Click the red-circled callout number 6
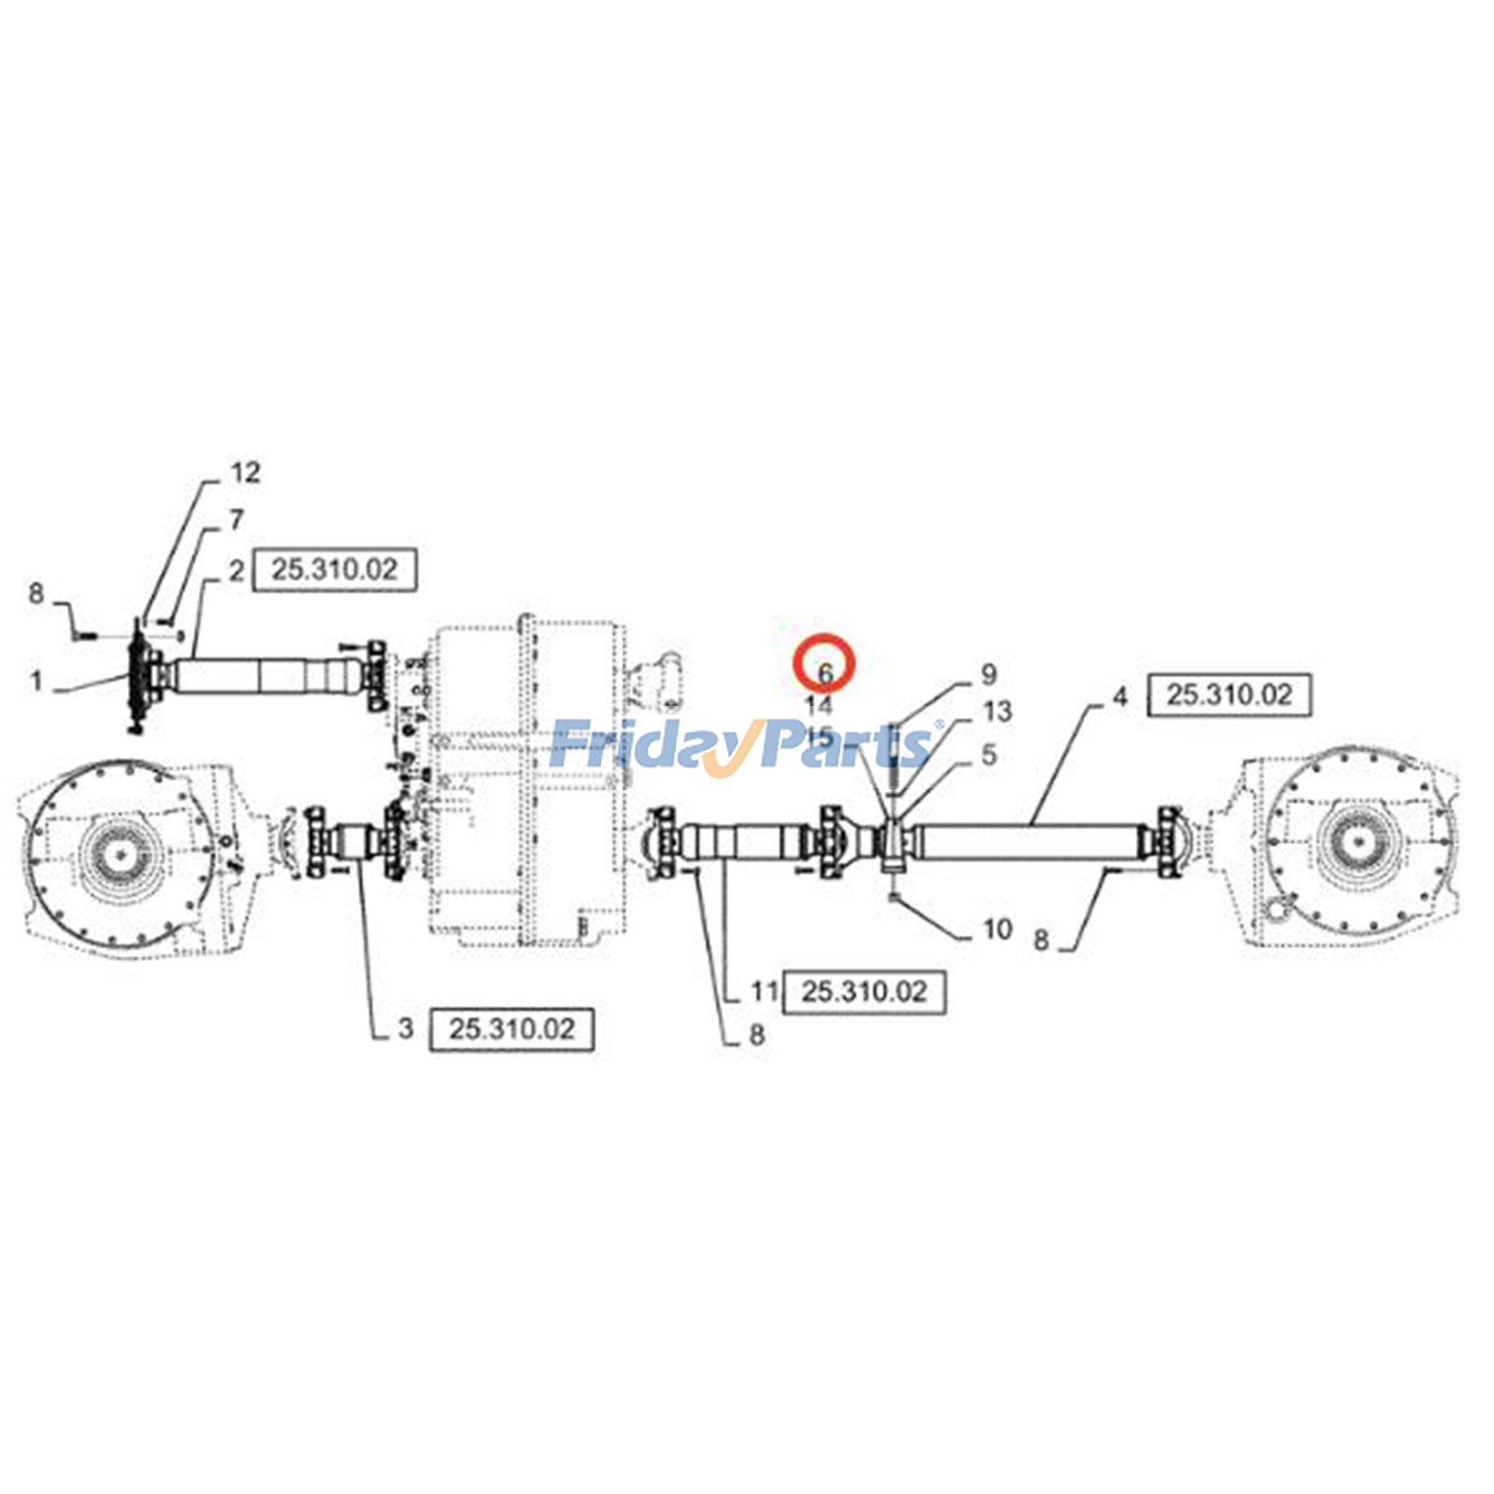point(825,673)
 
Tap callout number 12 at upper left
point(246,472)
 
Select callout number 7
point(236,519)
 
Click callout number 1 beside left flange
point(36,681)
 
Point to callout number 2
point(236,570)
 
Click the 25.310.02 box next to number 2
point(334,570)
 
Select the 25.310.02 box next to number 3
point(511,1029)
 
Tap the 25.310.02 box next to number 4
point(1229,695)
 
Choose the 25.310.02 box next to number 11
point(864,992)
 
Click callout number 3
point(405,1028)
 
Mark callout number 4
point(1120,697)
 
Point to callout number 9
point(989,673)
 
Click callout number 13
point(997,712)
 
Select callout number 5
point(989,754)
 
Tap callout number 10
point(997,929)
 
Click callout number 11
point(765,991)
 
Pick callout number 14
point(818,706)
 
